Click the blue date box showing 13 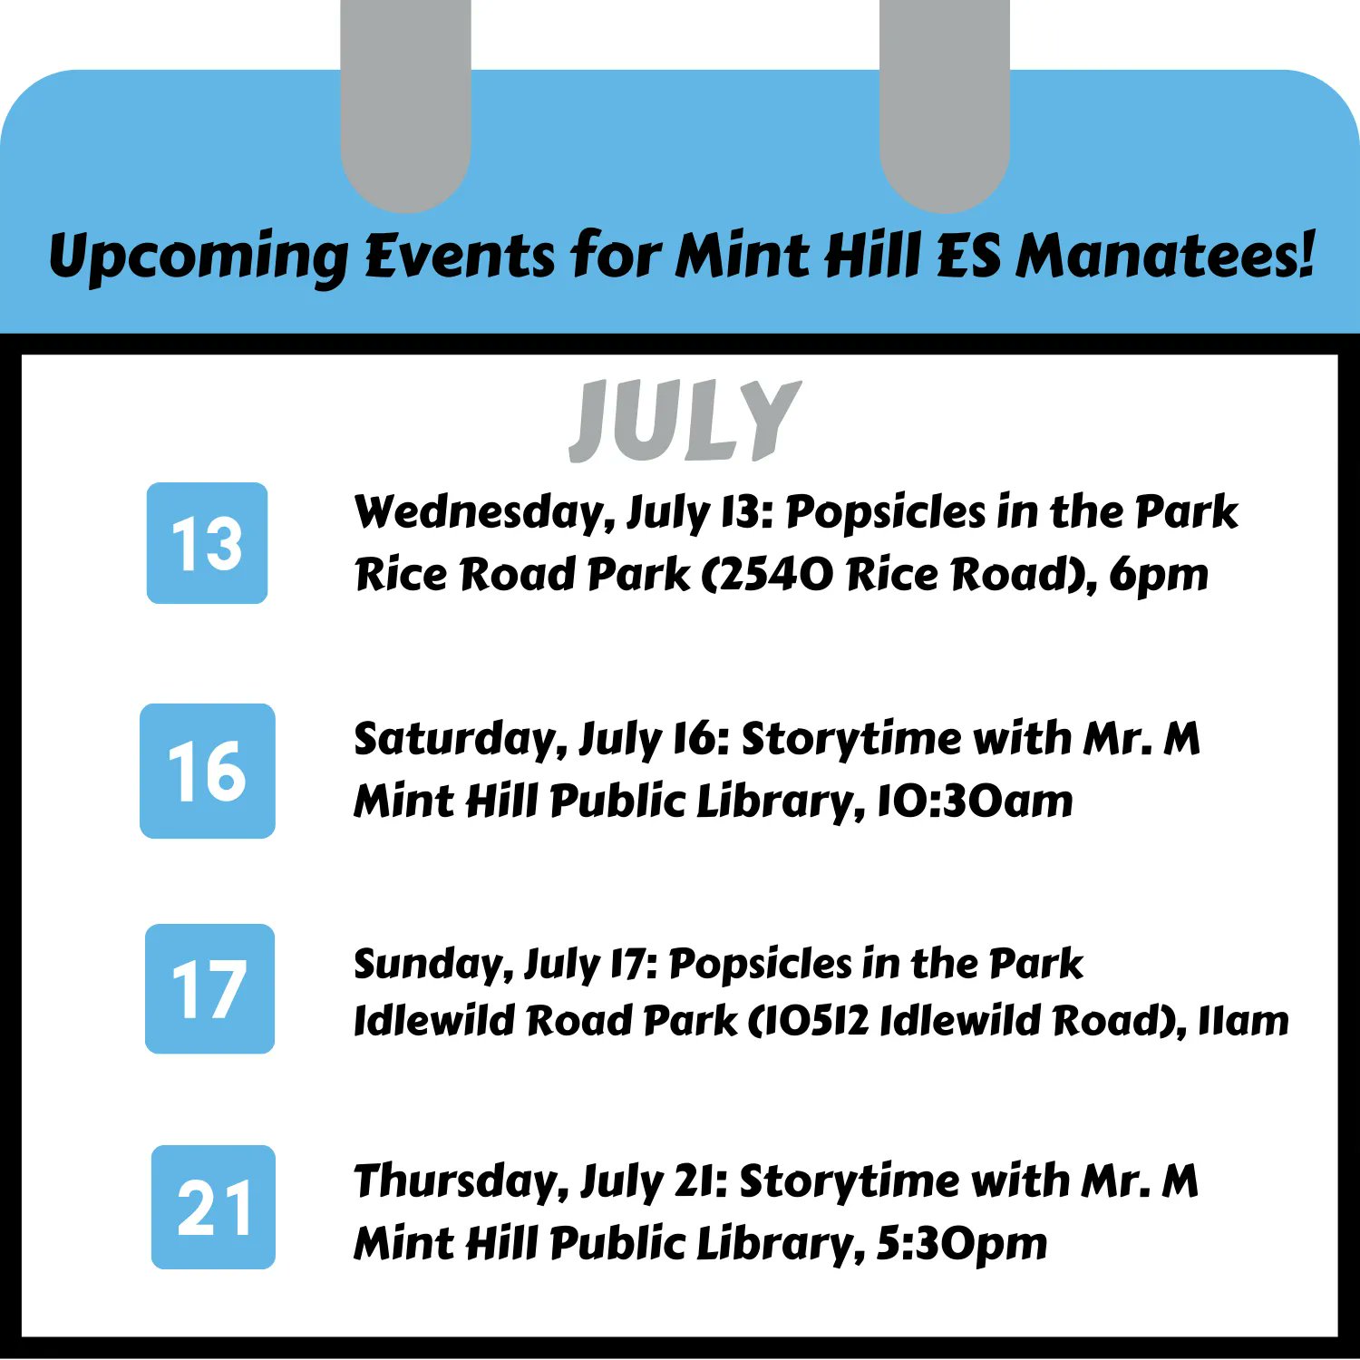pos(207,543)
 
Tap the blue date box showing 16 pos(207,771)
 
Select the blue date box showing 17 pos(209,988)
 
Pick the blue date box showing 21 pos(213,1207)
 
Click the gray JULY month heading pos(685,420)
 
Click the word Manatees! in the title pos(1165,255)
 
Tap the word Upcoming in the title pos(198,257)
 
